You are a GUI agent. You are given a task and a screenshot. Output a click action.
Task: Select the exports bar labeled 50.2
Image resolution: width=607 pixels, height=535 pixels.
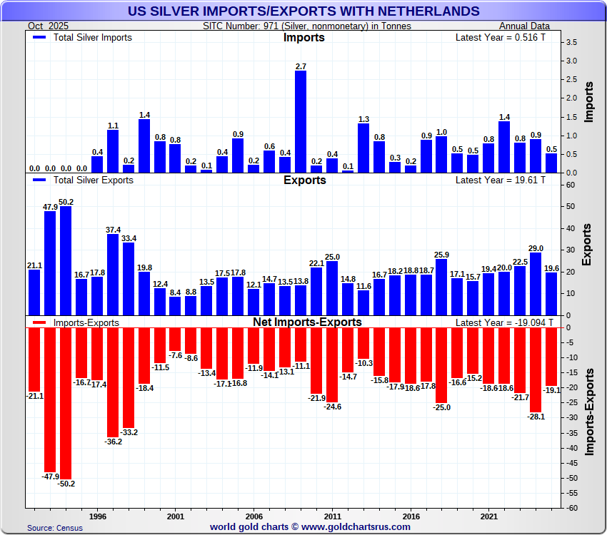pos(66,260)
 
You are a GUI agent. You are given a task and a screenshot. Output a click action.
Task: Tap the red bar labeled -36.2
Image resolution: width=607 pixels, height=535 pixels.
pos(113,382)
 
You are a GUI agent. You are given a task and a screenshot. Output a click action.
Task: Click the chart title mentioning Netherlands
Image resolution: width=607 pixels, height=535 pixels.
pos(303,11)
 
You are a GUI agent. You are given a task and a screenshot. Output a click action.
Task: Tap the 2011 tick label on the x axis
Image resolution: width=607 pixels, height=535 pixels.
pos(332,515)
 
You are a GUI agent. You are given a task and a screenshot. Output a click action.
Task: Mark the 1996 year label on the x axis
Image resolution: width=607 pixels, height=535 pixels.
pos(98,515)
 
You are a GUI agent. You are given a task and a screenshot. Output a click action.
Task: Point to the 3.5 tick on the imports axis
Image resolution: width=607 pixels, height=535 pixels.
pos(571,43)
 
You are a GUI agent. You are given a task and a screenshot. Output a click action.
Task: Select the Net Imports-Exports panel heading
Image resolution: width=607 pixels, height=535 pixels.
pos(307,322)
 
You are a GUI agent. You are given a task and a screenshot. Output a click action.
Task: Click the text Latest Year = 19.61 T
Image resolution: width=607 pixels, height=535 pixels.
pos(500,180)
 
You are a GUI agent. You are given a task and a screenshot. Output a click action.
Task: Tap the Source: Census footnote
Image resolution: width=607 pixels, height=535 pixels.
pos(55,528)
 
